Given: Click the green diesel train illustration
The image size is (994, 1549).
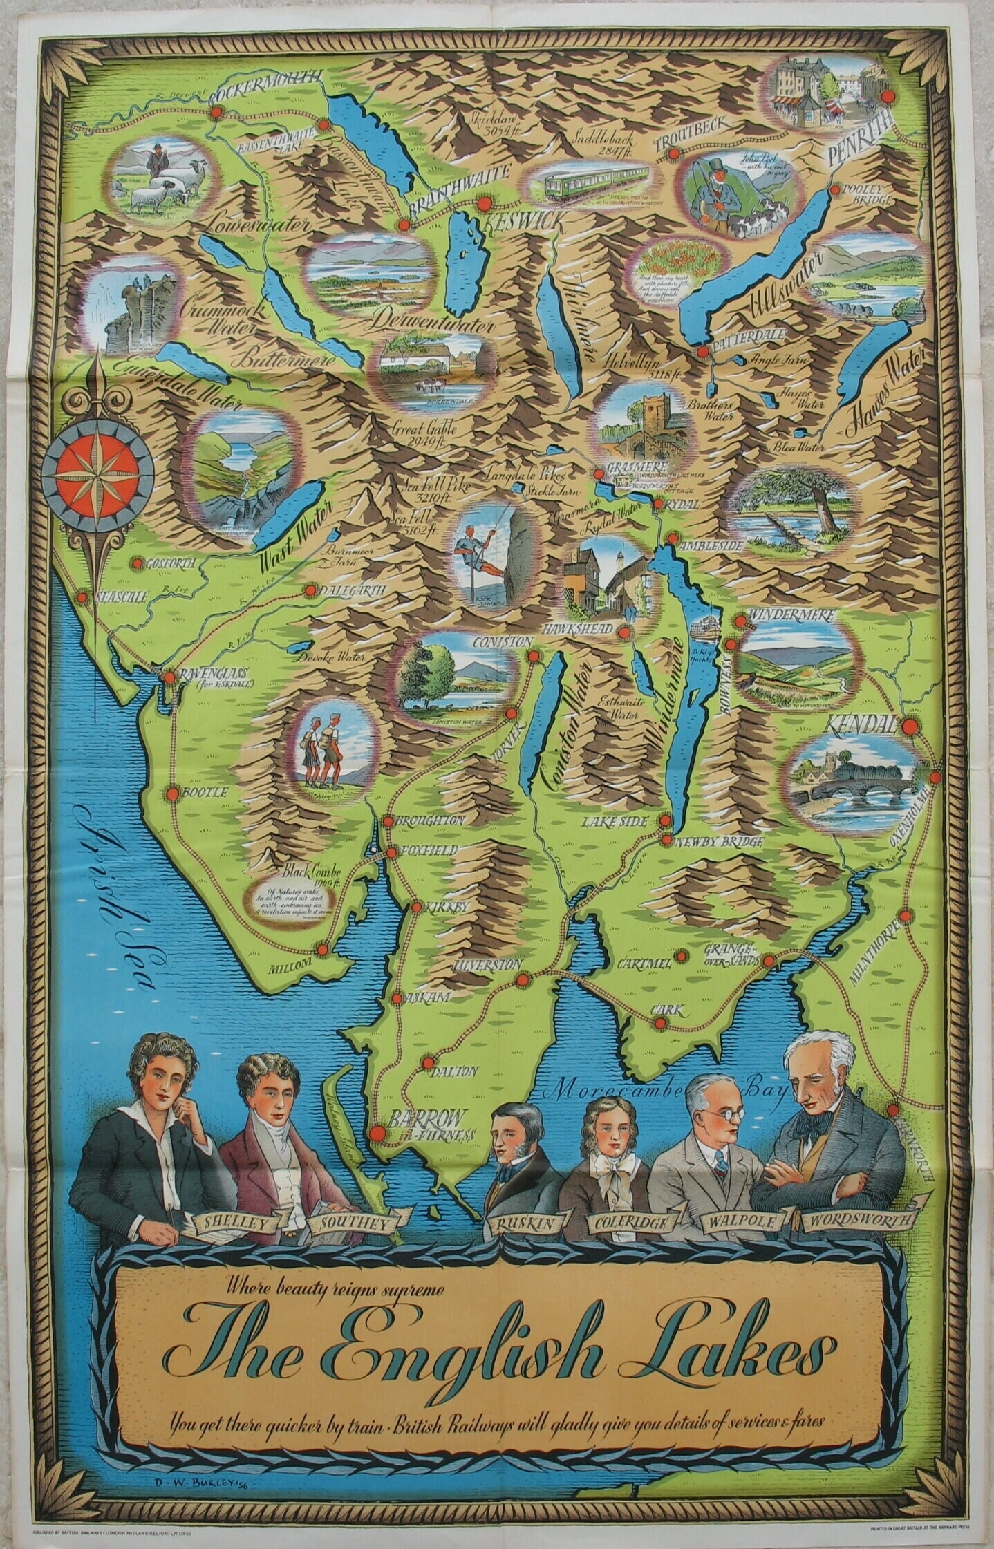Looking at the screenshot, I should point(588,182).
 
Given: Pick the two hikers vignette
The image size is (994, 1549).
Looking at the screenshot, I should point(324,748).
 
